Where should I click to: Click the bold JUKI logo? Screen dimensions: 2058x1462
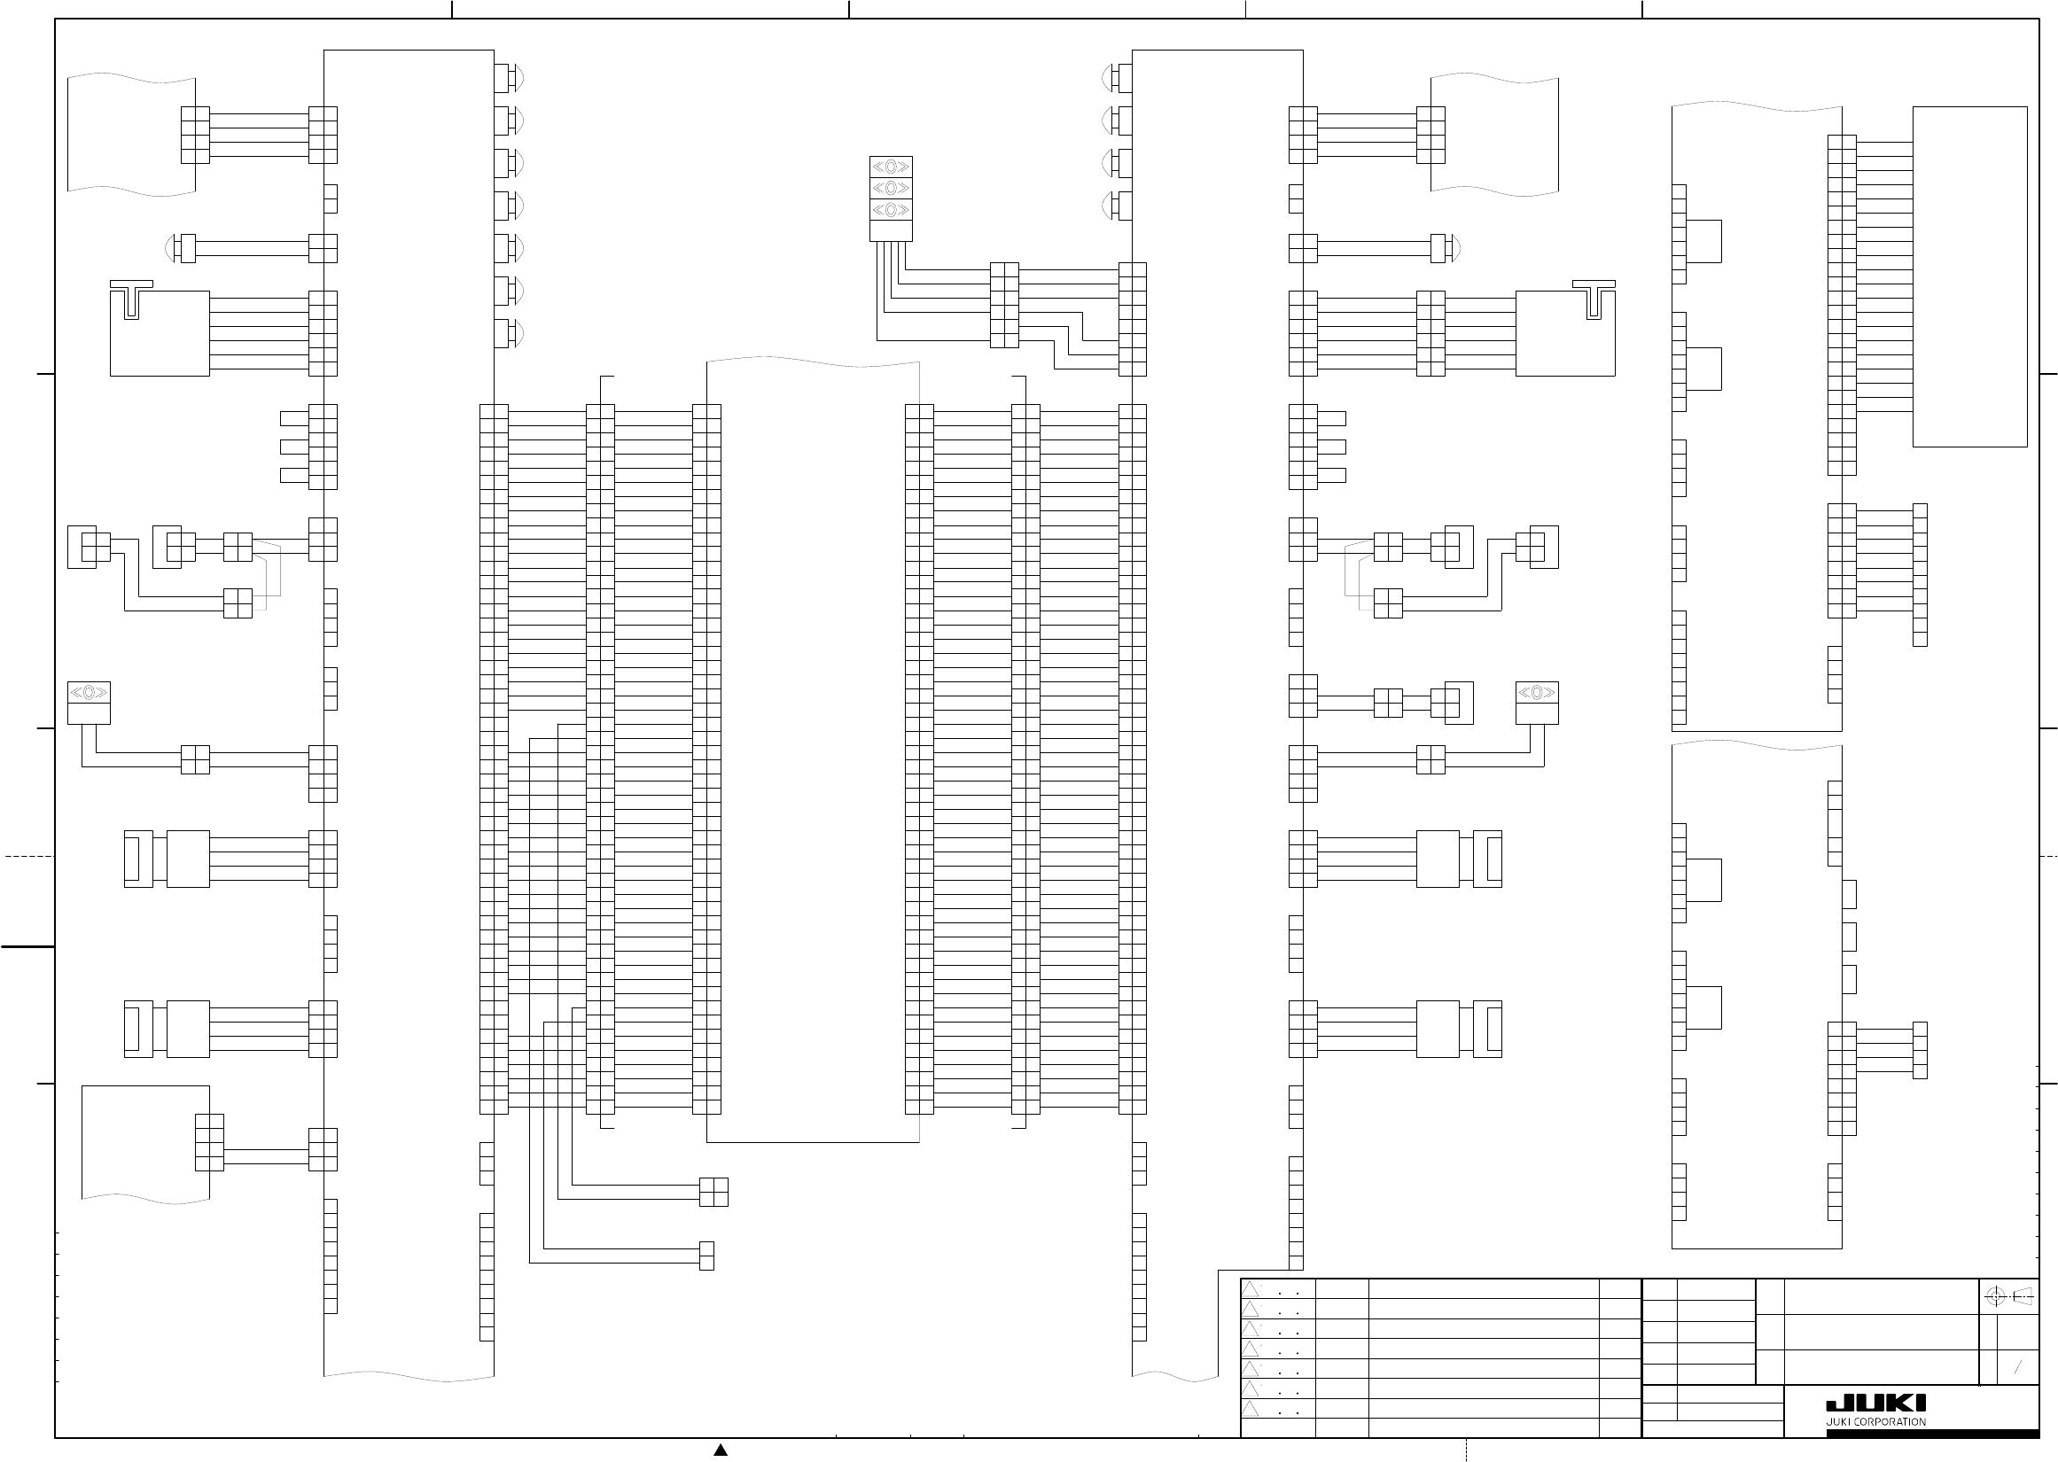click(x=1875, y=1404)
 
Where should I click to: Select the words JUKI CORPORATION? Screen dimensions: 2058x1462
click(x=1875, y=1422)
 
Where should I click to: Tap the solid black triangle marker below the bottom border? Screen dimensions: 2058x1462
click(x=721, y=1450)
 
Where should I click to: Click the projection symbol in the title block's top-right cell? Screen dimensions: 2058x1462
click(x=2008, y=1296)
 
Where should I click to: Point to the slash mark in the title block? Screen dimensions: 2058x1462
click(x=2017, y=1367)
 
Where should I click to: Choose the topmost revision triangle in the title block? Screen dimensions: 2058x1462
click(x=1251, y=1289)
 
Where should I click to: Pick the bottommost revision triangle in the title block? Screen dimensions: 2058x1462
click(x=1251, y=1409)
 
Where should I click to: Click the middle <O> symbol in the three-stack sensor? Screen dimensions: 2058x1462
click(x=891, y=188)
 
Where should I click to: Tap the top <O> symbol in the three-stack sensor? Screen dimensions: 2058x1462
click(x=891, y=167)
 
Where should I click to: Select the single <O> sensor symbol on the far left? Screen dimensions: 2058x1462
click(x=90, y=692)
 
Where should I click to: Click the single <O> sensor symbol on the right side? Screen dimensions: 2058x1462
click(x=1537, y=692)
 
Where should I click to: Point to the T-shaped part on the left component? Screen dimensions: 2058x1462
click(x=131, y=299)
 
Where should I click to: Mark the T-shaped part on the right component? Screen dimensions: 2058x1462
click(x=1594, y=299)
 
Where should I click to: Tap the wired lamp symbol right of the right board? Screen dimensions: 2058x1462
click(x=1446, y=247)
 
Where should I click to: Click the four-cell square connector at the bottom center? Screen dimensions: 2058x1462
click(x=713, y=1192)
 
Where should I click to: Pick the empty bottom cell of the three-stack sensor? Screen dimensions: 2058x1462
click(x=891, y=231)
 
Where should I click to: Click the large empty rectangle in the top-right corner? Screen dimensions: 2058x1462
click(x=1969, y=276)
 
